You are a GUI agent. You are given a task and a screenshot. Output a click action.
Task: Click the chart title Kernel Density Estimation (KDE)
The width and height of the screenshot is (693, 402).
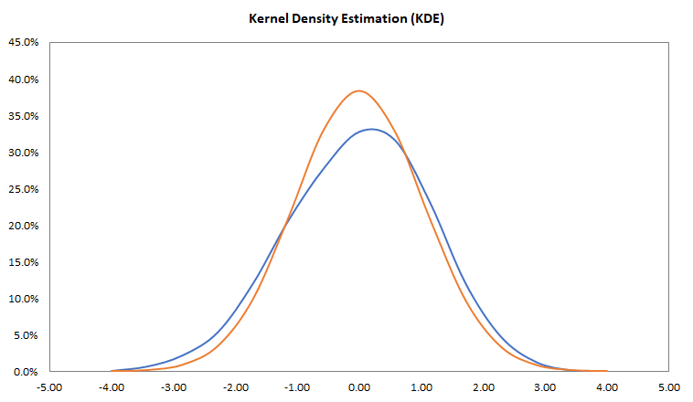pyautogui.click(x=346, y=18)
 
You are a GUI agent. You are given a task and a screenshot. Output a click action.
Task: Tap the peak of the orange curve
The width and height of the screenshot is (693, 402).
pyautogui.click(x=358, y=90)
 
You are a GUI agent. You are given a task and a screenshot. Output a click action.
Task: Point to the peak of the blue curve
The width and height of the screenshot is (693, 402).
pyautogui.click(x=371, y=129)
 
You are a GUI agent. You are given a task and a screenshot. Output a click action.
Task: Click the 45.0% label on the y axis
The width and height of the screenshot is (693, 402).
pyautogui.click(x=24, y=43)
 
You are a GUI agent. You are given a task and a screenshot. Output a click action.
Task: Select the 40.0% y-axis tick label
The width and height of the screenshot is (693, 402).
pyautogui.click(x=24, y=79)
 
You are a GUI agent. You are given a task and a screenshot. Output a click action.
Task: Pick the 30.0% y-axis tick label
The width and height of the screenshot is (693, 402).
pyautogui.click(x=24, y=153)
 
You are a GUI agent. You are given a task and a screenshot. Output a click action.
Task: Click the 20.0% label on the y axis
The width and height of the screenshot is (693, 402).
pyautogui.click(x=24, y=226)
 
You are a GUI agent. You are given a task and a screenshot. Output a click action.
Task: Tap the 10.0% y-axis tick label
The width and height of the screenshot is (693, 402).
pyautogui.click(x=24, y=299)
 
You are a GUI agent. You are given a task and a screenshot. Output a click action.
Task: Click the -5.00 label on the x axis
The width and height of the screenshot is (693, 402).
pyautogui.click(x=49, y=387)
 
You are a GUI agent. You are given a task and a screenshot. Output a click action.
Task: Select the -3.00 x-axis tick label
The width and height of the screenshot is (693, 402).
pyautogui.click(x=174, y=387)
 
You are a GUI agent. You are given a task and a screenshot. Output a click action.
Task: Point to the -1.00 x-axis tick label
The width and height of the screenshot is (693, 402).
pyautogui.click(x=297, y=387)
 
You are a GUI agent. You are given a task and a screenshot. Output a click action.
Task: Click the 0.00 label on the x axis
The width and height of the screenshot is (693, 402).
pyautogui.click(x=359, y=387)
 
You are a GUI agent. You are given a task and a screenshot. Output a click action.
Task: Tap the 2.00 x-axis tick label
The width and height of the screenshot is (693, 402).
pyautogui.click(x=484, y=387)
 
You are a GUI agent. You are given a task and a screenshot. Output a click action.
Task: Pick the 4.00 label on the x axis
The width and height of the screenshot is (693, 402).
pyautogui.click(x=607, y=387)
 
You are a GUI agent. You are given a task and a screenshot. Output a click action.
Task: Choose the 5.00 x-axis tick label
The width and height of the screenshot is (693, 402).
pyautogui.click(x=669, y=387)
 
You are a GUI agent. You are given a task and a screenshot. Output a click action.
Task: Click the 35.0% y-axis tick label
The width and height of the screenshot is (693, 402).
pyautogui.click(x=24, y=116)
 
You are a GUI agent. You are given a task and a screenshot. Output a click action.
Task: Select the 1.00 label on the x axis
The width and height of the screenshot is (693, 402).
pyautogui.click(x=421, y=387)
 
